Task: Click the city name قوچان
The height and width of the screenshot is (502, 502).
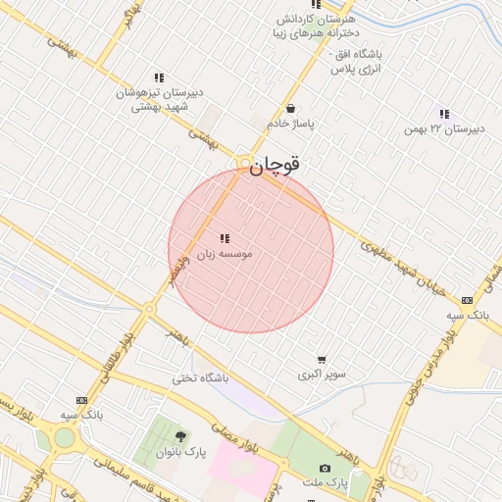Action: [x=275, y=167]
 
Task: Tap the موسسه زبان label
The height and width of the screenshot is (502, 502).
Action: [x=225, y=254]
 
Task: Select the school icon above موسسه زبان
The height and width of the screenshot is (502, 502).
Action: [x=226, y=238]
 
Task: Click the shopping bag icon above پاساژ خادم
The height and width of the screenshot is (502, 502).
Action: [x=290, y=109]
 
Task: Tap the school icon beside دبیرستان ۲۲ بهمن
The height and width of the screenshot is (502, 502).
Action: [x=445, y=114]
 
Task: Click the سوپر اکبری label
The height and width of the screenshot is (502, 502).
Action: [x=322, y=375]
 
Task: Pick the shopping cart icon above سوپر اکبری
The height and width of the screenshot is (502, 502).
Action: [x=322, y=360]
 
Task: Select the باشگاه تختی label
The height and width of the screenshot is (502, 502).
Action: [x=200, y=377]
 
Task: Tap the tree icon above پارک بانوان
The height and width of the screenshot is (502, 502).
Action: [x=179, y=435]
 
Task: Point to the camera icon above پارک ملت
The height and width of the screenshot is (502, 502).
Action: [x=326, y=469]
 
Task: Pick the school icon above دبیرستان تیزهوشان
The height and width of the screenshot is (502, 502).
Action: [x=158, y=77]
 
